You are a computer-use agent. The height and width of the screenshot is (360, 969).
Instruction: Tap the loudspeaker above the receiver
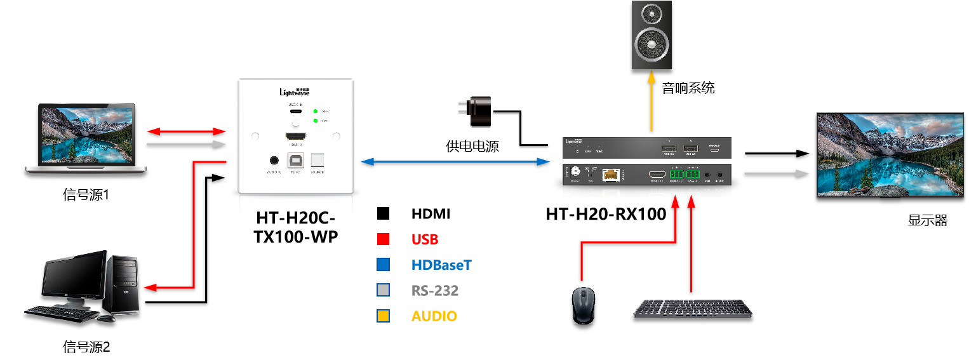click(x=651, y=35)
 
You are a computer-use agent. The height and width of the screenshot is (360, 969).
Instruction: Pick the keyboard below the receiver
click(x=693, y=309)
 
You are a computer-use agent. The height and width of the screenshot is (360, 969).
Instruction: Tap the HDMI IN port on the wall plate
click(x=296, y=137)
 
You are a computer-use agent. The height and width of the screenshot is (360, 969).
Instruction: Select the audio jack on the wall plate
click(x=274, y=161)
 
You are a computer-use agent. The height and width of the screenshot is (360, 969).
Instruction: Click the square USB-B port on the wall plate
click(x=296, y=161)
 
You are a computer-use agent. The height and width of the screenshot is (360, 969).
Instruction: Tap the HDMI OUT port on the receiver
click(x=657, y=174)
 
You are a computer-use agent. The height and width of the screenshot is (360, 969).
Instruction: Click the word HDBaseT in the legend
click(x=441, y=265)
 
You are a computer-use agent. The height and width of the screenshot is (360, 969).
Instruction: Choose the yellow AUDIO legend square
click(x=383, y=316)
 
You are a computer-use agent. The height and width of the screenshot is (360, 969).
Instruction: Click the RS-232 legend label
click(x=434, y=291)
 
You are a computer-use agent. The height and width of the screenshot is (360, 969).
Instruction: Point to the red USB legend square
click(x=383, y=239)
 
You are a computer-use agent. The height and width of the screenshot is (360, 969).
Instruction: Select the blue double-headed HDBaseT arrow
click(x=455, y=162)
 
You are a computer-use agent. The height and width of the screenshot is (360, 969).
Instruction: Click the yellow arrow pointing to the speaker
click(x=651, y=102)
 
